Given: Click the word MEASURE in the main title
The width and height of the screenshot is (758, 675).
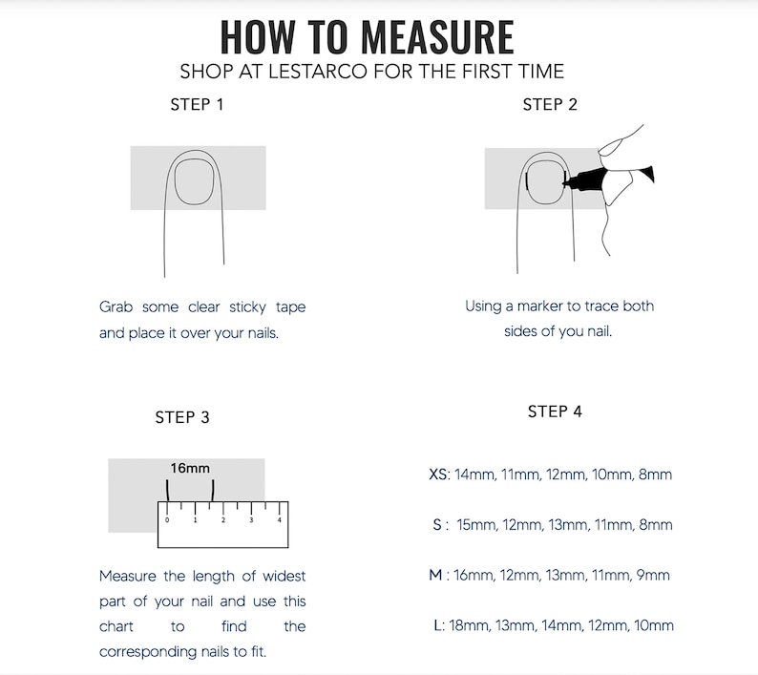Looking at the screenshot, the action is click(x=437, y=36).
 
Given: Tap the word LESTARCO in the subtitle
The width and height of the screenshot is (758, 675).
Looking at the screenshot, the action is click(x=318, y=72).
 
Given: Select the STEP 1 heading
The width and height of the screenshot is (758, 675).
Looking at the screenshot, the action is click(x=197, y=104).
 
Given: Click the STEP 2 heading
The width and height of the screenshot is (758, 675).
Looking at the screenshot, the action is click(x=550, y=104).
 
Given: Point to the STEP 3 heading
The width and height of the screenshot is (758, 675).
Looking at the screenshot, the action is click(x=182, y=417).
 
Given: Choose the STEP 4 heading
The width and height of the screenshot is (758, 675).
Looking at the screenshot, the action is click(x=555, y=411).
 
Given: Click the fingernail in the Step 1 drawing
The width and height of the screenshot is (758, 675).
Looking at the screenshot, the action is click(x=194, y=181).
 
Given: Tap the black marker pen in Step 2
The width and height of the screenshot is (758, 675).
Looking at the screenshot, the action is click(x=608, y=178).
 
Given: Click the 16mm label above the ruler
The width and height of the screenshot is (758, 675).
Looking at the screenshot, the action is click(x=190, y=468).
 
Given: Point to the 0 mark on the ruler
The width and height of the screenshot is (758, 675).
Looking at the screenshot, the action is click(x=167, y=520).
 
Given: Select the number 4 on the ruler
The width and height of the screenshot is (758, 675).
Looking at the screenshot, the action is click(x=280, y=520).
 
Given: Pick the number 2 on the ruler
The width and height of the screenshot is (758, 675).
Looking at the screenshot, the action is click(x=223, y=520).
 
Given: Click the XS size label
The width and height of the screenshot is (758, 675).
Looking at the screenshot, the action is click(x=438, y=475).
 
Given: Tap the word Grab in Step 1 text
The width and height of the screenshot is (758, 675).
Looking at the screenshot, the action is click(x=116, y=307).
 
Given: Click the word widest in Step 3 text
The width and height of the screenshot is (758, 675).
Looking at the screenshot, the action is click(x=284, y=576).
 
